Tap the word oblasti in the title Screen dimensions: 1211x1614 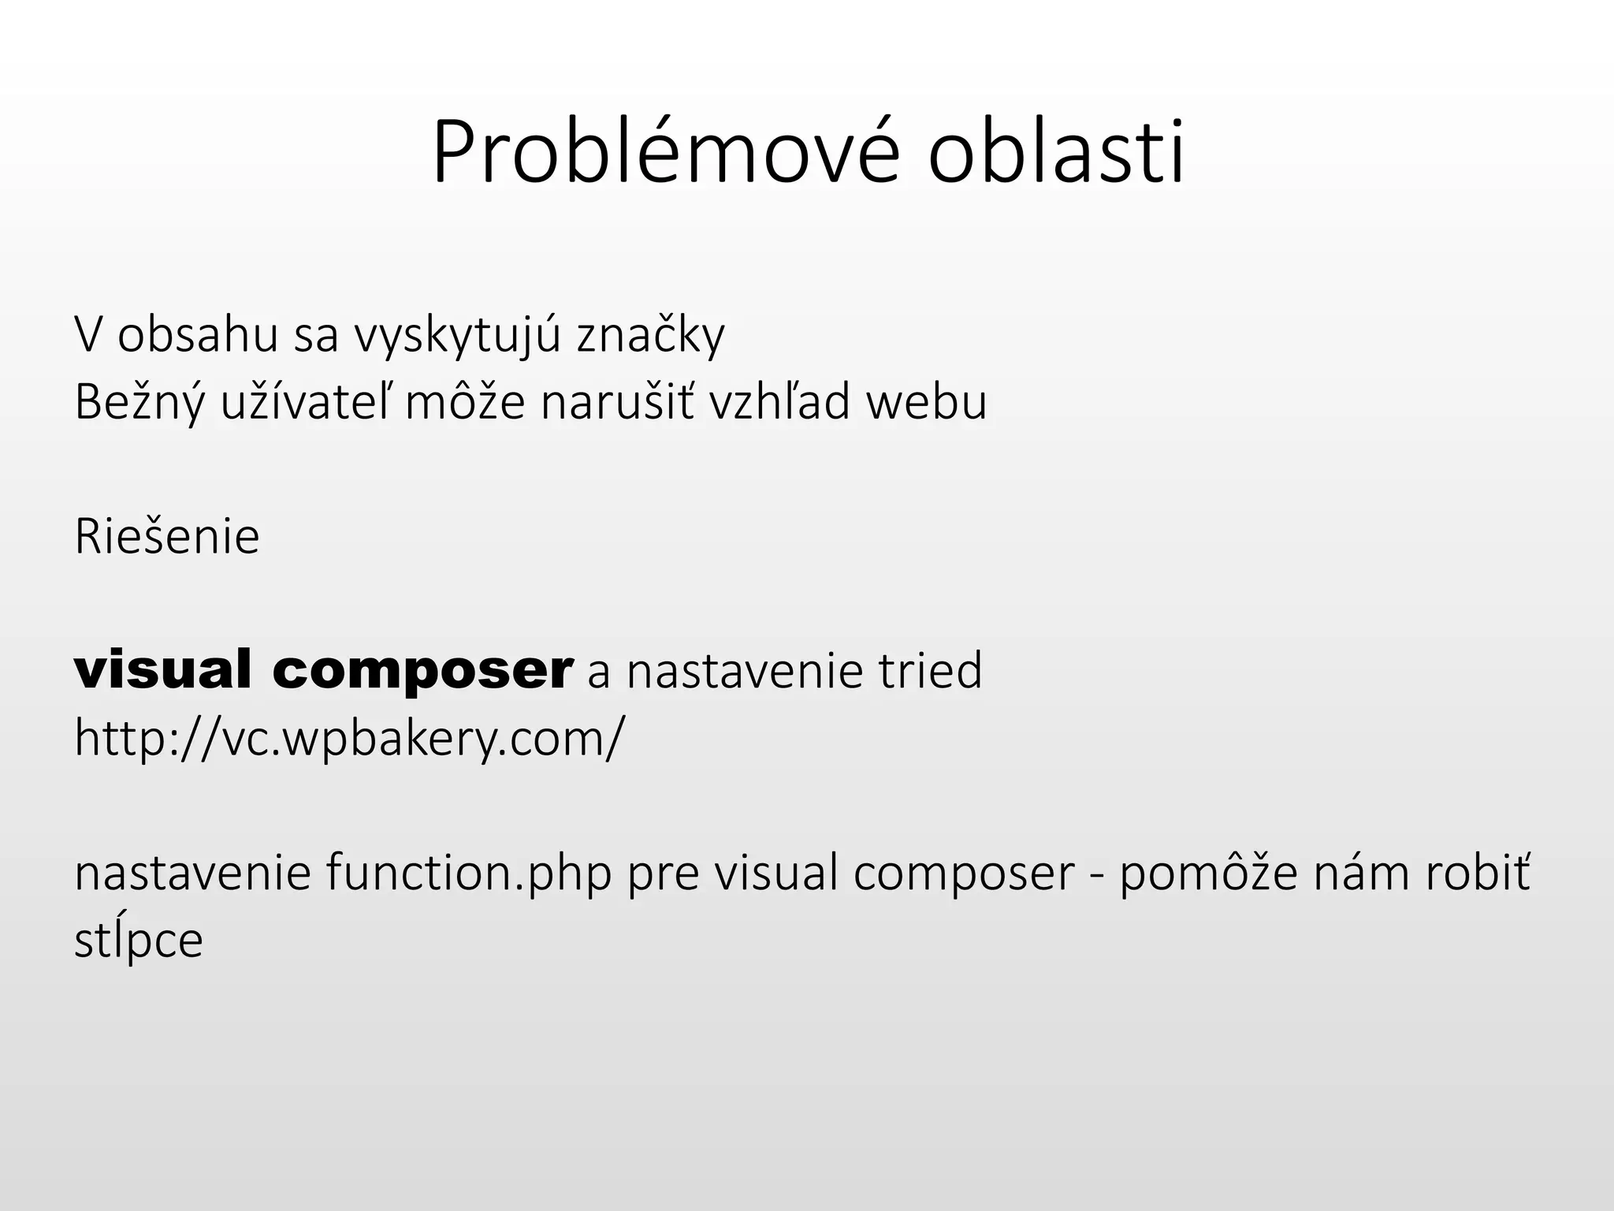coord(1055,154)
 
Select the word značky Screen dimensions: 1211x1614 coord(650,336)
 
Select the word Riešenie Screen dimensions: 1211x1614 coord(167,538)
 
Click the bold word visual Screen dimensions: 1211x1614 coord(163,670)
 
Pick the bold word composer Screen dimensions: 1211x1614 coord(422,670)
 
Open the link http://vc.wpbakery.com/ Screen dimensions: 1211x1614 coord(349,739)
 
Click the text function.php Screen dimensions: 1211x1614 coord(468,874)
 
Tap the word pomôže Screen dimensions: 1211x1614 coord(1208,874)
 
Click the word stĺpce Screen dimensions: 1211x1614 coord(139,940)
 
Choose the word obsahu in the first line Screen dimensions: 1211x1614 coord(198,336)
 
